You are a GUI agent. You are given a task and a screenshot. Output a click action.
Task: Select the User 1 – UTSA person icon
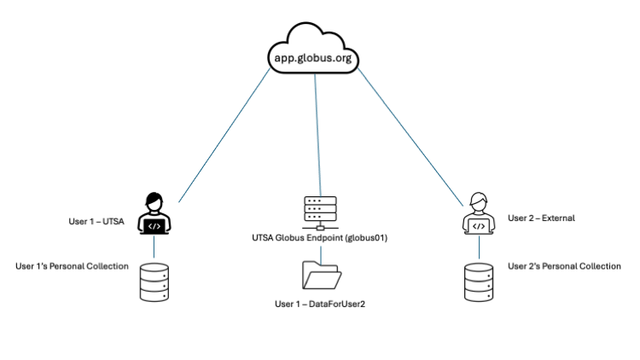click(154, 213)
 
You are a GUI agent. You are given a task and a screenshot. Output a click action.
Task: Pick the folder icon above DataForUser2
click(320, 276)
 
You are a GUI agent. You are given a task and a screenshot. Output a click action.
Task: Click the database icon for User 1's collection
click(154, 282)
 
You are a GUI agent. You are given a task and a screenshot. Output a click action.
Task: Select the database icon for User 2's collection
click(479, 282)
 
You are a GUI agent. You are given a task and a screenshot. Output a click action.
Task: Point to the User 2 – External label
click(541, 218)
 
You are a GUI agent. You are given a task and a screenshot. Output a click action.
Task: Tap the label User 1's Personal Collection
click(73, 266)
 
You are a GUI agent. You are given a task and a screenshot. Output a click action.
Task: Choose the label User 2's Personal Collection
click(564, 266)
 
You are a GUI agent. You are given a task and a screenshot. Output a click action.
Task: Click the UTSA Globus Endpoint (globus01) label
click(320, 238)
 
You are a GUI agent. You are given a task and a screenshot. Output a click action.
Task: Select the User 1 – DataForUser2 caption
click(320, 304)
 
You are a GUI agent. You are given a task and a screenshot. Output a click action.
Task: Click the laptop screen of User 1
click(154, 226)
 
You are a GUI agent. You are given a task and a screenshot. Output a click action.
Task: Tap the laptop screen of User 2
click(479, 226)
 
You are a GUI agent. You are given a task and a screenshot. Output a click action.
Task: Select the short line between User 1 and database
click(154, 247)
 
